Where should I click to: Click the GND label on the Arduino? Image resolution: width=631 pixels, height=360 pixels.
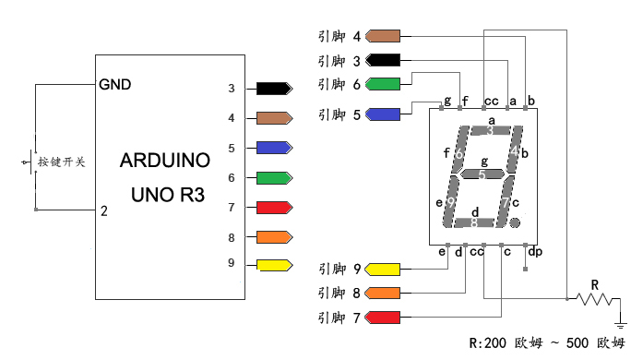point(115,85)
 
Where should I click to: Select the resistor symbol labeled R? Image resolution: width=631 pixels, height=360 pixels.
point(594,299)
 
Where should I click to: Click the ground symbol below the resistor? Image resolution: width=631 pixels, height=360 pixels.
point(621,324)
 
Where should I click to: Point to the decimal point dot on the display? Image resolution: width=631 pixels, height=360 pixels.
point(515,222)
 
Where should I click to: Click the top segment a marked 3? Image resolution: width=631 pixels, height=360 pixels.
point(490,130)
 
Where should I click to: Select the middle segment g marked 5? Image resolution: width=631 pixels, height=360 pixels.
point(482,174)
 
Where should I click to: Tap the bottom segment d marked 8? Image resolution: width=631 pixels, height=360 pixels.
point(474,222)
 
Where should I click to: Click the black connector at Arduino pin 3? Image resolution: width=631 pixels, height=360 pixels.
point(275,89)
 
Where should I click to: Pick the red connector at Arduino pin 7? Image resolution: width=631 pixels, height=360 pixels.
point(275,208)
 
